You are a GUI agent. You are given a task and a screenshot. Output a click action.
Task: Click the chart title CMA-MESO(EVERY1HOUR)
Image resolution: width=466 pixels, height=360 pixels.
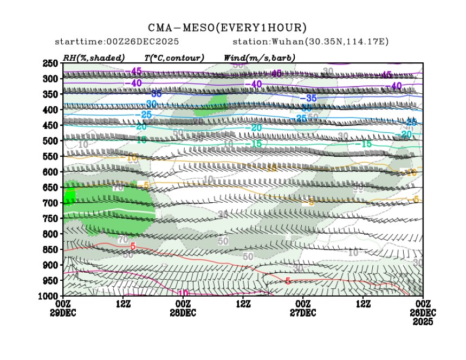click(x=228, y=28)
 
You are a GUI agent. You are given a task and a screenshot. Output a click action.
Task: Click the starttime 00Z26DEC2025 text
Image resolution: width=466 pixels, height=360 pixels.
click(x=117, y=42)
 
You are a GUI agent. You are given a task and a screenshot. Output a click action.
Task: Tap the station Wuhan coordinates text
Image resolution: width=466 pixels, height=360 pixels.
click(x=310, y=42)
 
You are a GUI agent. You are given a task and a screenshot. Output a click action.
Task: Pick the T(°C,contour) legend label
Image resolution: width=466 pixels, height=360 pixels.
click(x=174, y=57)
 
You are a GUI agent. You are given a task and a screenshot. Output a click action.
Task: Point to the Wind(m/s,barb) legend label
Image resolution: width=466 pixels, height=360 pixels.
click(x=259, y=57)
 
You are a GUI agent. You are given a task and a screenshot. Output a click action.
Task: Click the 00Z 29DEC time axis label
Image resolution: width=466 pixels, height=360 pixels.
click(x=64, y=307)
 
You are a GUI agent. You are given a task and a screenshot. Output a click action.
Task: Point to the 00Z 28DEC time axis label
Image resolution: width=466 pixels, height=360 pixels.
click(x=183, y=307)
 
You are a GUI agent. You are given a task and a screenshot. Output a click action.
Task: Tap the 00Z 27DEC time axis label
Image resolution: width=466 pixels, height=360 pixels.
click(x=303, y=307)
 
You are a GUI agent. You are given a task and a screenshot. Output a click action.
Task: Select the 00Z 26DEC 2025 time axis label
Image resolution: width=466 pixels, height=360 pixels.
click(x=423, y=311)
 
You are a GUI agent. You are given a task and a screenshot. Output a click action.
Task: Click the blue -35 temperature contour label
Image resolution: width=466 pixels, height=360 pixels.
click(x=311, y=98)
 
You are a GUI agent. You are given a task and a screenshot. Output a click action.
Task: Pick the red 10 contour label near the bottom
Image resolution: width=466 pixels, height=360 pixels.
click(x=183, y=293)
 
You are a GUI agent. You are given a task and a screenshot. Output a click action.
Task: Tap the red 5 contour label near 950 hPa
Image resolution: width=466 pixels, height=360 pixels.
click(x=288, y=281)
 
